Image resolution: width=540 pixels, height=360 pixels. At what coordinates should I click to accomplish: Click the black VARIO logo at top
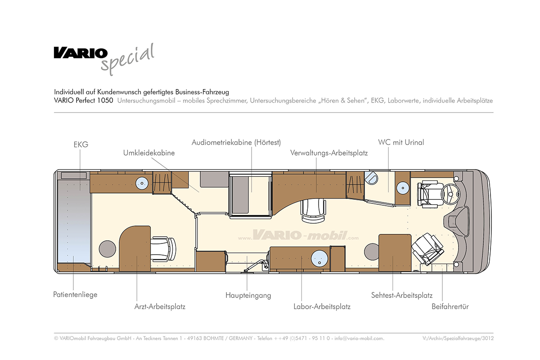coord(81,53)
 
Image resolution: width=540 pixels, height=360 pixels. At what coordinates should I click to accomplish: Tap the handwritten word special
coord(128,60)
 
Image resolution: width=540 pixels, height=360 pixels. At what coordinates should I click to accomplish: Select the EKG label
coord(81,144)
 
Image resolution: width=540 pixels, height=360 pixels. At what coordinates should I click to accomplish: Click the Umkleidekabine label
coord(149,153)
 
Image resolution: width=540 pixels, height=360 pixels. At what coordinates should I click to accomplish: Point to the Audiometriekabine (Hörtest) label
coord(236,142)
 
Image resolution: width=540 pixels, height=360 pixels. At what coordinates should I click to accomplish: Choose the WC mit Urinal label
coord(401,142)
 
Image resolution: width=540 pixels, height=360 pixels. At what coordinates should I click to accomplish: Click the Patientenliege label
coord(75,294)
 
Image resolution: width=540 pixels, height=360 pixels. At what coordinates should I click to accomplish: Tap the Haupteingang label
coord(248,295)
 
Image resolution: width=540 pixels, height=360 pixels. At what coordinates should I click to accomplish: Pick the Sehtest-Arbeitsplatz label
coord(402,295)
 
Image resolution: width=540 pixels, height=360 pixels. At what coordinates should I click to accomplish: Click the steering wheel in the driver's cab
coord(452,195)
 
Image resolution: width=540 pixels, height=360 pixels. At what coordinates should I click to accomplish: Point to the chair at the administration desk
coord(312,210)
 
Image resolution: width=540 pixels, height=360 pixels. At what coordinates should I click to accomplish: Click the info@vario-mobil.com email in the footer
coord(359,338)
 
